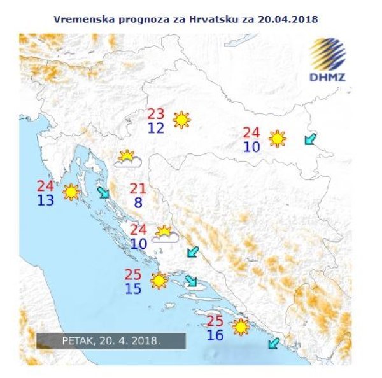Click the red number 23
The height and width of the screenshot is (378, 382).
(x=156, y=115)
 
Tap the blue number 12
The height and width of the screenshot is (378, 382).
(x=156, y=128)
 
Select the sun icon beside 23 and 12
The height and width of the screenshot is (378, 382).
(x=182, y=120)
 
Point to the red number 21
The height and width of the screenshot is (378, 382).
(x=138, y=188)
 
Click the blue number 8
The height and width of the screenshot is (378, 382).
(x=138, y=203)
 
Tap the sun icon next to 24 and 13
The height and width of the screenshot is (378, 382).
(x=71, y=192)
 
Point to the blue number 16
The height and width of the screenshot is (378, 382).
(x=215, y=335)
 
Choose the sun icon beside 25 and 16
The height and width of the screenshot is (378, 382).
(x=241, y=327)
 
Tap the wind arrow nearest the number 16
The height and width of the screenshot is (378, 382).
(x=273, y=344)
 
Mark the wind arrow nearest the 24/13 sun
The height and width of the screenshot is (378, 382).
(x=103, y=193)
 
